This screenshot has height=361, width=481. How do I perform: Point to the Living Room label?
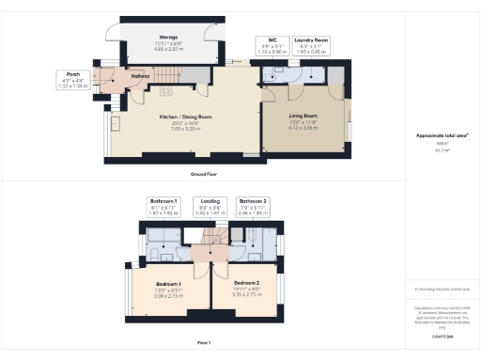[302, 118]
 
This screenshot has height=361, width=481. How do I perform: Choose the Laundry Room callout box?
[310, 44]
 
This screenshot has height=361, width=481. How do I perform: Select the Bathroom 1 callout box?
[163, 207]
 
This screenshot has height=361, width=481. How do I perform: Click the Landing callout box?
[210, 207]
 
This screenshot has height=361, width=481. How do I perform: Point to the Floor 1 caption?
[203, 342]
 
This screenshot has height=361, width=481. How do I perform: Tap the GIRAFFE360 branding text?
[442, 335]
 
